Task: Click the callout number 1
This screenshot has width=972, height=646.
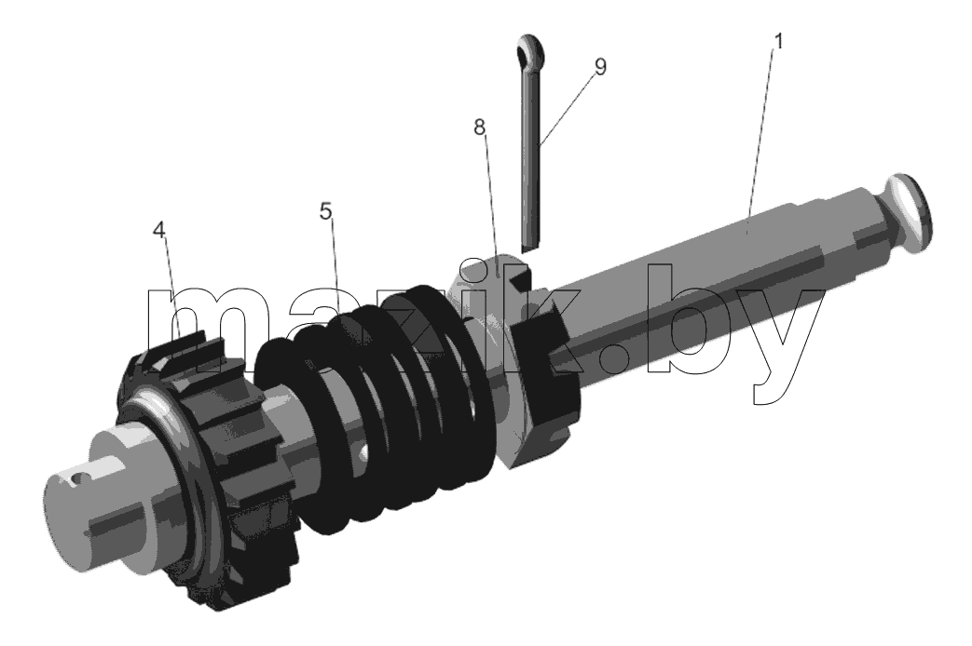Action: coord(778,42)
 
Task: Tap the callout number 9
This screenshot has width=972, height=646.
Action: coord(599,66)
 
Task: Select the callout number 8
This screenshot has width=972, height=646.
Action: coord(479,128)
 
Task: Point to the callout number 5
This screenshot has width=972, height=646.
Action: coord(326,212)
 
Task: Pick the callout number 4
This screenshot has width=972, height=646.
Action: coord(159,231)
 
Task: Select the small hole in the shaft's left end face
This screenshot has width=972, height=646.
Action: coord(75,478)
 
